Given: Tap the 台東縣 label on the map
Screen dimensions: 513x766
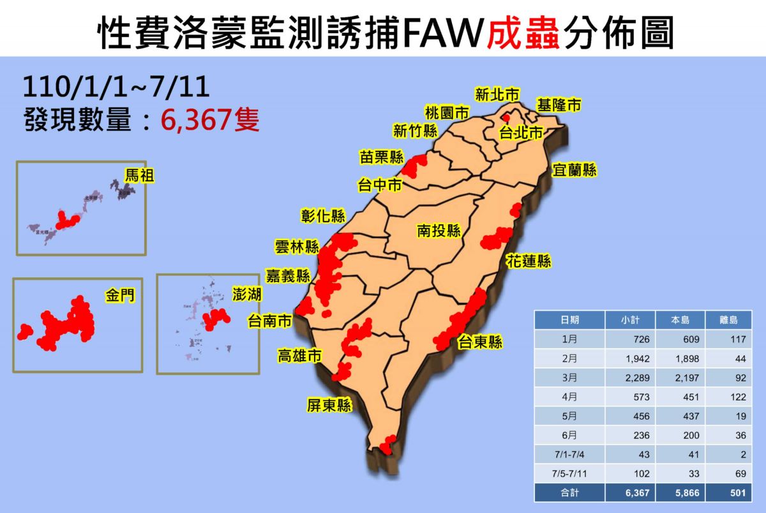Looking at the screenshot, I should click(x=479, y=342).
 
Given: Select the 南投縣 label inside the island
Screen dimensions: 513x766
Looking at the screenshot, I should click(x=440, y=231).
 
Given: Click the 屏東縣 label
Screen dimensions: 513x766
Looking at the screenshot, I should click(x=328, y=405).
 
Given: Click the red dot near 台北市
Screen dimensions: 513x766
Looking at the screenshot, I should click(x=507, y=118).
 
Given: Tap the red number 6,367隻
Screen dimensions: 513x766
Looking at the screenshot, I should click(x=210, y=119).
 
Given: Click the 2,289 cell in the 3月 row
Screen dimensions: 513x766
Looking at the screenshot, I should click(x=637, y=378).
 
